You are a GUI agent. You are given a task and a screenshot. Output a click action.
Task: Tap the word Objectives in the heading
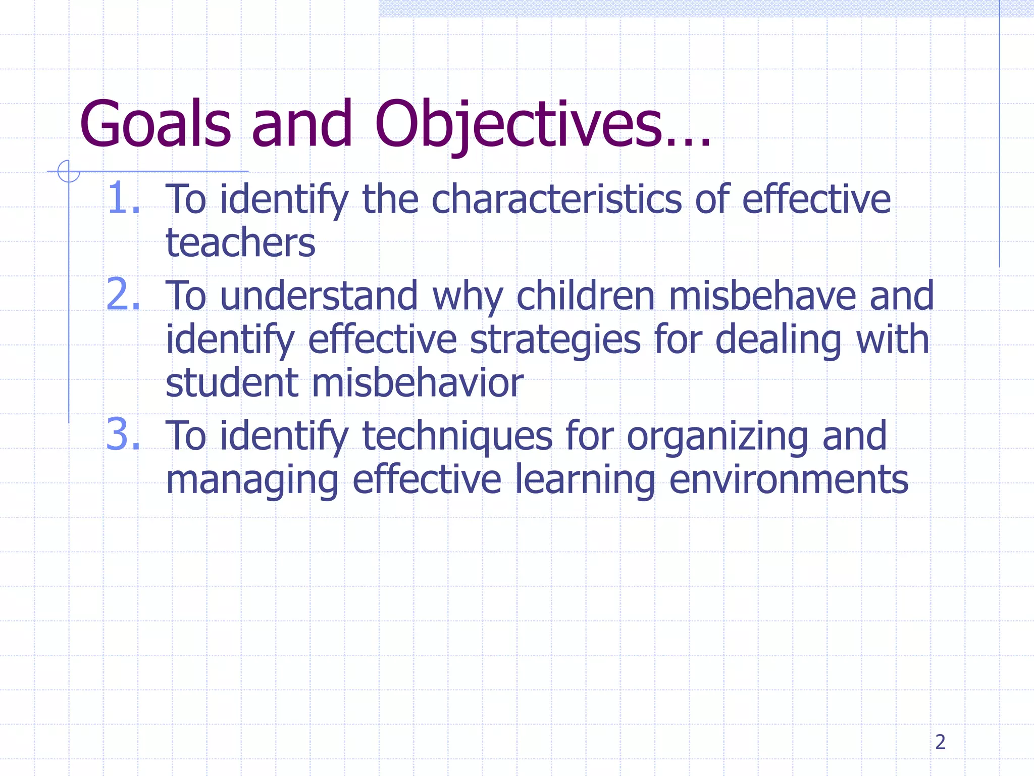point(518,124)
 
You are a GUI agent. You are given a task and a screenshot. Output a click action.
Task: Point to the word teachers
point(240,243)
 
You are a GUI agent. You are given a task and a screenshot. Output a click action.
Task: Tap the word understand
point(319,296)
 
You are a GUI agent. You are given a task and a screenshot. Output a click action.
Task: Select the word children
point(586,296)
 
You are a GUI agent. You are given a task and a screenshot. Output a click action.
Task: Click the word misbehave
point(762,296)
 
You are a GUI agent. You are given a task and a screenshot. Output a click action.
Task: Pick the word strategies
point(555,340)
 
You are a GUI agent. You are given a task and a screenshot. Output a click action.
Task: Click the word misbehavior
point(418,382)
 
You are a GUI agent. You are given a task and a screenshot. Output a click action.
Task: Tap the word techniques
point(457,436)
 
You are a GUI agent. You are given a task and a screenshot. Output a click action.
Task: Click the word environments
point(789,479)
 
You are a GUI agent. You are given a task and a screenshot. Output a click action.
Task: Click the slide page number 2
point(940,742)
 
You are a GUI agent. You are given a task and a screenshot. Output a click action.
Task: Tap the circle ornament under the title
point(69,171)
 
